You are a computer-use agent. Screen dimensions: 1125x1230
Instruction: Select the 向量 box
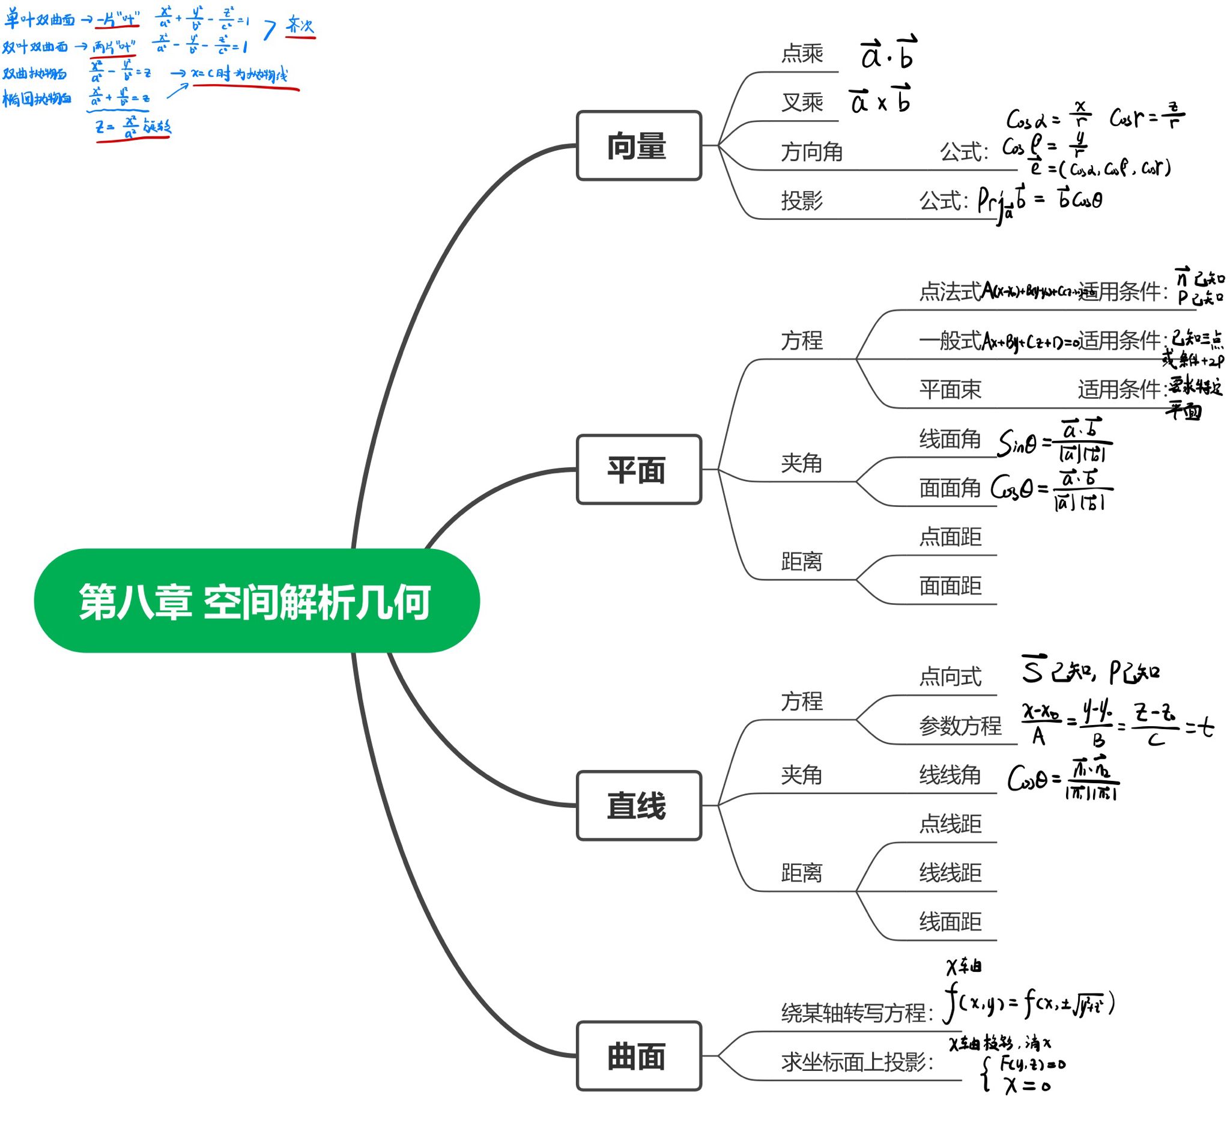[x=639, y=146]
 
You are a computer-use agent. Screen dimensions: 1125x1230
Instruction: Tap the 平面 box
[x=639, y=470]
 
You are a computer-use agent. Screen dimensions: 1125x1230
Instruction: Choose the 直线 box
[x=639, y=805]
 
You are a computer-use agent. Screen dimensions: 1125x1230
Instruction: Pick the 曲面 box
[x=639, y=1056]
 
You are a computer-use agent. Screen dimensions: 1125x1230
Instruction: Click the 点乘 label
[x=802, y=53]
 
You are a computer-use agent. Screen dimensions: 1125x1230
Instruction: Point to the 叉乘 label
[x=802, y=103]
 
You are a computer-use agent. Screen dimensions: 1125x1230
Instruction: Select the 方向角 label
[x=811, y=151]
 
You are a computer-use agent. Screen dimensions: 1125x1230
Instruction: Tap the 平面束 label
[x=950, y=389]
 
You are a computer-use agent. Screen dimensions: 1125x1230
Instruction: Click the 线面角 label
[x=950, y=438]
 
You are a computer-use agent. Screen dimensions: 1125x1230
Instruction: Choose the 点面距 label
[x=950, y=537]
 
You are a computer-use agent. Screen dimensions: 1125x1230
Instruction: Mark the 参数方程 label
[x=960, y=726]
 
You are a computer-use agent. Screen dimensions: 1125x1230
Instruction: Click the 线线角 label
[x=950, y=775]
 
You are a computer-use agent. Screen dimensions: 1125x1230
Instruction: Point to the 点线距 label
[x=950, y=823]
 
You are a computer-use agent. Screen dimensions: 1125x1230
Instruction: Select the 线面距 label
[x=950, y=921]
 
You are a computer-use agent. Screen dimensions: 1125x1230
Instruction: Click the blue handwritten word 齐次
[x=300, y=26]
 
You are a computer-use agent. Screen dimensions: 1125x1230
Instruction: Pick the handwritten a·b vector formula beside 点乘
[x=888, y=53]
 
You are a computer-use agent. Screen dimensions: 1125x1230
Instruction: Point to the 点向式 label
[x=950, y=676]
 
